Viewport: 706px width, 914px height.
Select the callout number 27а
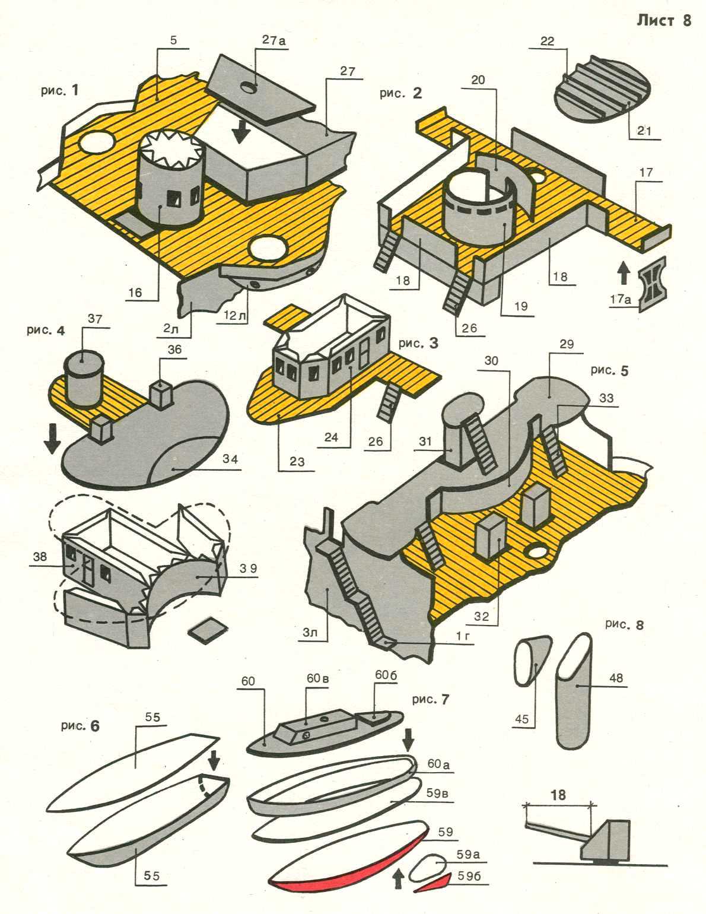[274, 40]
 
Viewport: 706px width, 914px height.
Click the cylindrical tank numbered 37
[82, 377]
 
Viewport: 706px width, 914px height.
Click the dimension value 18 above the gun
[558, 794]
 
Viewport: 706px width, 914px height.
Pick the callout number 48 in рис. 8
[616, 677]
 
